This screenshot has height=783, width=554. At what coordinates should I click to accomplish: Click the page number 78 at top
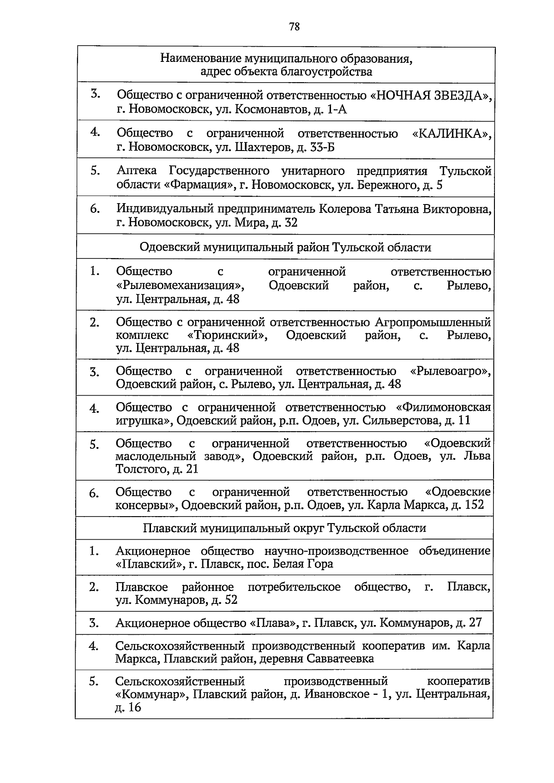294,27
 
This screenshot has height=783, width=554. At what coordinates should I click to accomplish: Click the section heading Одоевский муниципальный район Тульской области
285,247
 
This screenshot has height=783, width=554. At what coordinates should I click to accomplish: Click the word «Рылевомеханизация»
180,286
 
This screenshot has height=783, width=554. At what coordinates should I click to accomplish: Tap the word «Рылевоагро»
450,371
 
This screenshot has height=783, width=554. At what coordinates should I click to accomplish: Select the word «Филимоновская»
444,407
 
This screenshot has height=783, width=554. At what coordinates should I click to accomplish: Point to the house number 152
475,505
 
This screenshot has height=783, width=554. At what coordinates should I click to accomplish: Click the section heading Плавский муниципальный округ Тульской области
284,528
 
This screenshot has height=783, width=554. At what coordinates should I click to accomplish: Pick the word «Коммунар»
151,695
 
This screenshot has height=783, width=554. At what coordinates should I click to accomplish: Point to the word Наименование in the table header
200,59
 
